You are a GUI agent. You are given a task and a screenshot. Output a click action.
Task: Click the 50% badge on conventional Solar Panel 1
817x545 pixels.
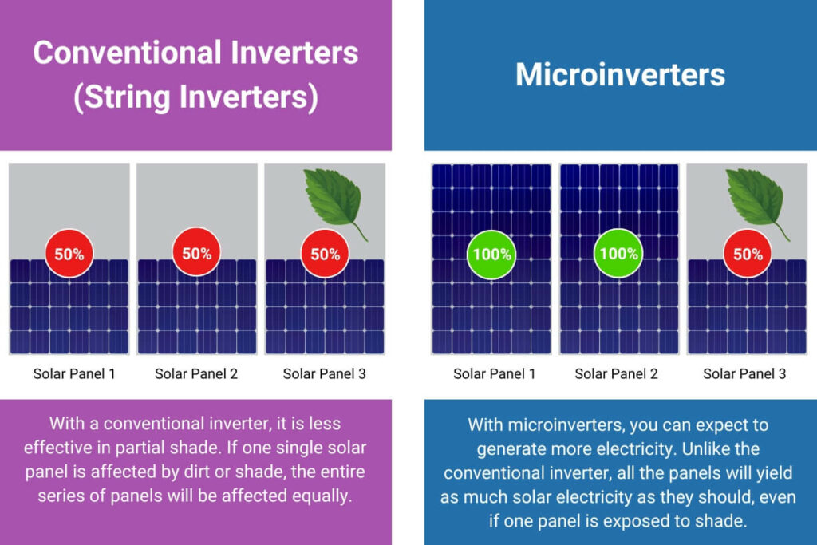(69, 254)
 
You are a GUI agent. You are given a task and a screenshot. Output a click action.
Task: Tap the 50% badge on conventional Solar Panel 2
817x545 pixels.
(196, 253)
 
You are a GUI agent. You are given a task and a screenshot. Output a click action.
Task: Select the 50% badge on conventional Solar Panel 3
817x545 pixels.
(326, 254)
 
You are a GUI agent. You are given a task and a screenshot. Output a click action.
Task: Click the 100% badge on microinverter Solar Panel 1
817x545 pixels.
(491, 255)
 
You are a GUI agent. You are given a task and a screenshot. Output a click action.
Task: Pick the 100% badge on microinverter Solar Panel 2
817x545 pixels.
(618, 253)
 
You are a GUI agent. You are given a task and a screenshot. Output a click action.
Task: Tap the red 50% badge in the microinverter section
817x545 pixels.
(748, 254)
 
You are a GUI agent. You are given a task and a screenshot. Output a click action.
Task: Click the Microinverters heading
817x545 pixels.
(620, 74)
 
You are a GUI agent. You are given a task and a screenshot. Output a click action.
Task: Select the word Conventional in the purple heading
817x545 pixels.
(127, 53)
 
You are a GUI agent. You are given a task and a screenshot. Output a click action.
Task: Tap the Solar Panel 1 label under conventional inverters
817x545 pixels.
(74, 373)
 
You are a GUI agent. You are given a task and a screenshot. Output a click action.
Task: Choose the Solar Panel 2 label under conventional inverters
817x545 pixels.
(196, 373)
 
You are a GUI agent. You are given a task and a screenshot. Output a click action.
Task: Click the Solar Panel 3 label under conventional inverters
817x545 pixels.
(324, 373)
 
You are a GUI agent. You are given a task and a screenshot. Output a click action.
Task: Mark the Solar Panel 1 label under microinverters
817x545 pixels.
(494, 373)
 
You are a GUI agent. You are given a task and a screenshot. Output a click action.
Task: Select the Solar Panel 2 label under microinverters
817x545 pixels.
(616, 373)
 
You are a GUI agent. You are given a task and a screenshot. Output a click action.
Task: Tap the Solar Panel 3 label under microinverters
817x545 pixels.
(744, 373)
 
